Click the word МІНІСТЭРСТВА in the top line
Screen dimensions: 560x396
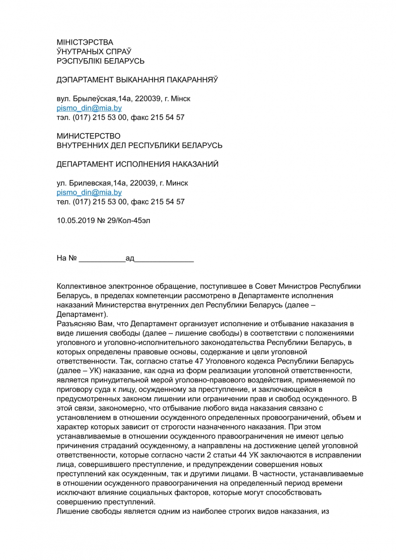(85, 42)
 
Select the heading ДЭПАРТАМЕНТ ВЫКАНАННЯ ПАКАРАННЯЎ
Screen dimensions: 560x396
(137, 80)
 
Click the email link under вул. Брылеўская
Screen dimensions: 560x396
(83, 108)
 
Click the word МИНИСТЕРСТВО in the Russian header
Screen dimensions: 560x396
(88, 136)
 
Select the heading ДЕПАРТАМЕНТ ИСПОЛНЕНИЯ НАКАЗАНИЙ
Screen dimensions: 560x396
(137, 164)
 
